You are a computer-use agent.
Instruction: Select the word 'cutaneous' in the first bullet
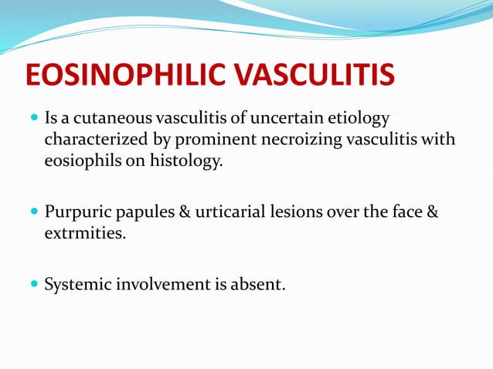pyautogui.click(x=116, y=120)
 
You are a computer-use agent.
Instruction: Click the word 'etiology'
pyautogui.click(x=361, y=120)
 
